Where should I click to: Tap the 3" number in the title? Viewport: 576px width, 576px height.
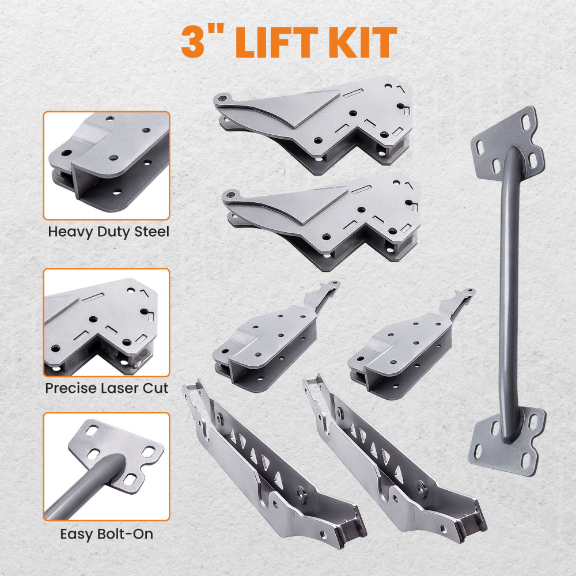coord(205,41)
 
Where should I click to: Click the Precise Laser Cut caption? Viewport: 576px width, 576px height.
coord(107,388)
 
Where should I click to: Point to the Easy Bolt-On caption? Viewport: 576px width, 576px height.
coord(107,534)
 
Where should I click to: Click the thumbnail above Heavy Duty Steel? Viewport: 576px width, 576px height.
coord(107,165)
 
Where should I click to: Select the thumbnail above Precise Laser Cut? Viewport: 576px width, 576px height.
coord(107,322)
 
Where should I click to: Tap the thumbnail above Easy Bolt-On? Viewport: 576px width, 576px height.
coord(107,467)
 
